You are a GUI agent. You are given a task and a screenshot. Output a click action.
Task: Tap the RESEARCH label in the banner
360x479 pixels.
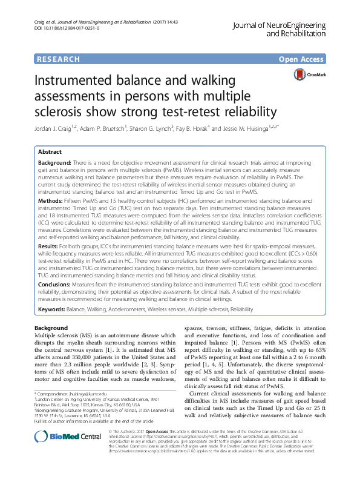point(58,59)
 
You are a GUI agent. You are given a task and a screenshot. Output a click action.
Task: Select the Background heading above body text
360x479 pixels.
point(51,328)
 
